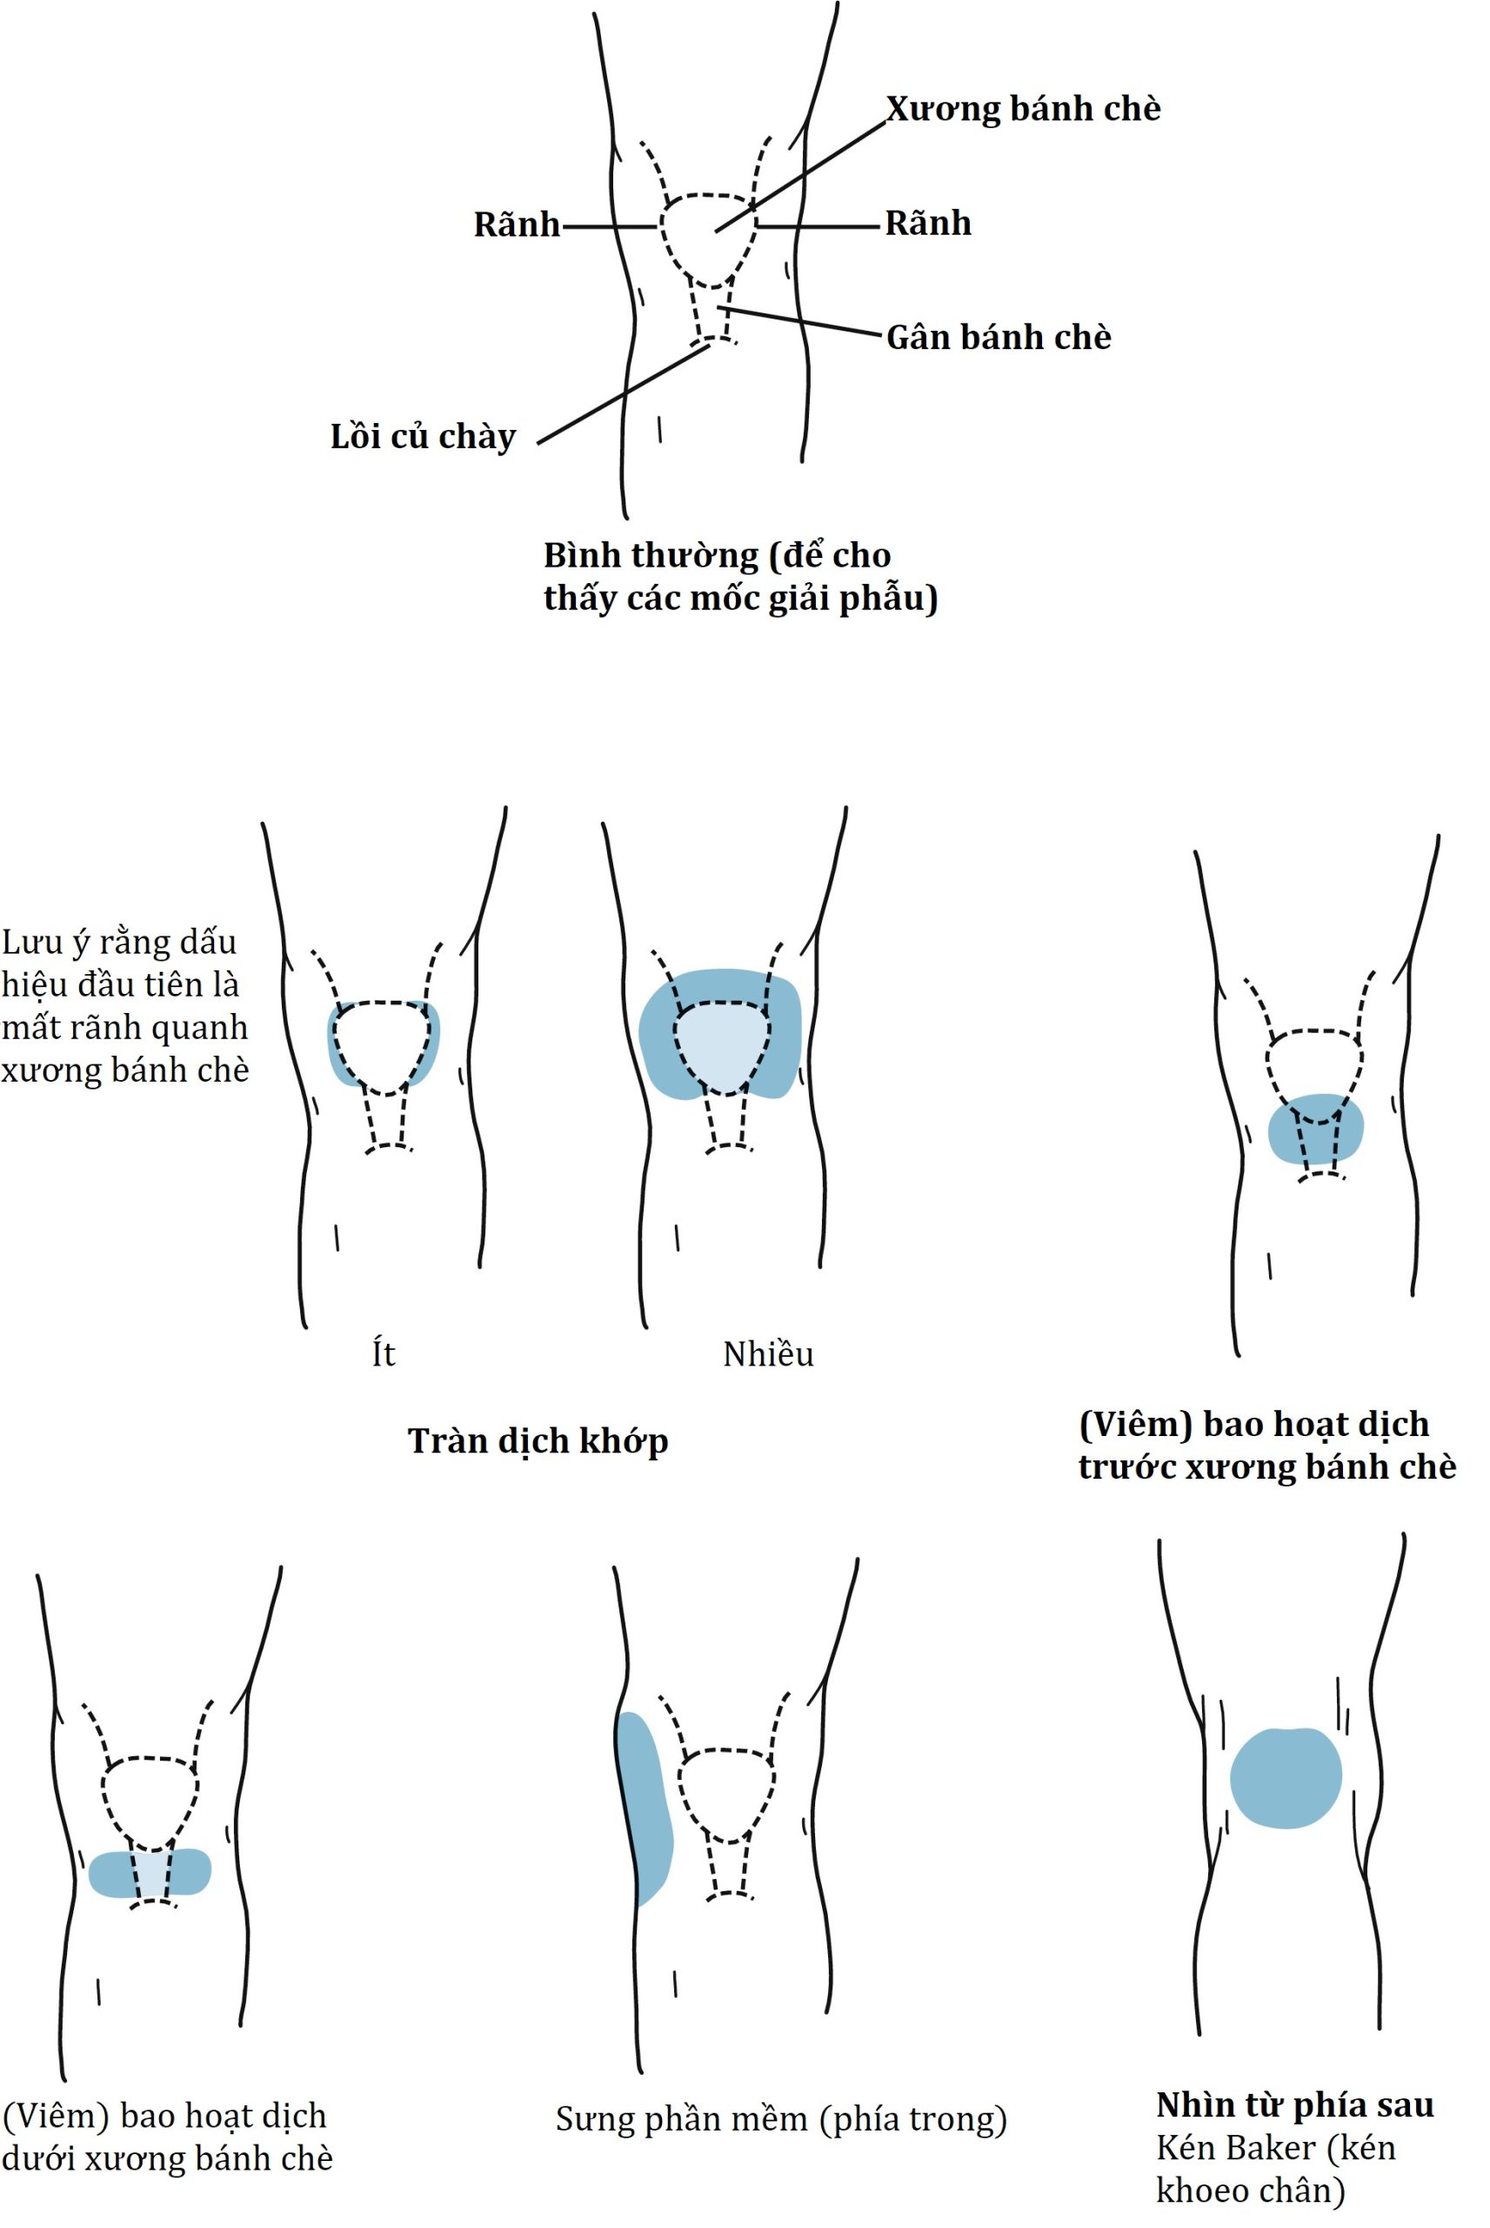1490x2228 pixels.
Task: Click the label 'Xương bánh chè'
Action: click(1023, 110)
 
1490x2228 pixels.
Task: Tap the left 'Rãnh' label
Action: click(517, 225)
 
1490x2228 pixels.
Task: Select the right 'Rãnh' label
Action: click(928, 224)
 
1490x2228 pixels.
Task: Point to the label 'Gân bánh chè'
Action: click(998, 338)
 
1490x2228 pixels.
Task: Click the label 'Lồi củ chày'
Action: click(423, 437)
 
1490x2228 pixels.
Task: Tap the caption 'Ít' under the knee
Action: click(383, 1353)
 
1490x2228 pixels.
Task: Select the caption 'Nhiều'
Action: click(768, 1354)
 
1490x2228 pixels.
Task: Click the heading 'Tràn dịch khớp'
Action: click(538, 1441)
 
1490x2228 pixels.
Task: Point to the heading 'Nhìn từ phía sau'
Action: click(1294, 2104)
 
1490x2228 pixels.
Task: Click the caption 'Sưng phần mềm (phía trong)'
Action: click(781, 2118)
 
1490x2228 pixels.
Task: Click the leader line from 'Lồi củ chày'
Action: click(623, 394)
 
